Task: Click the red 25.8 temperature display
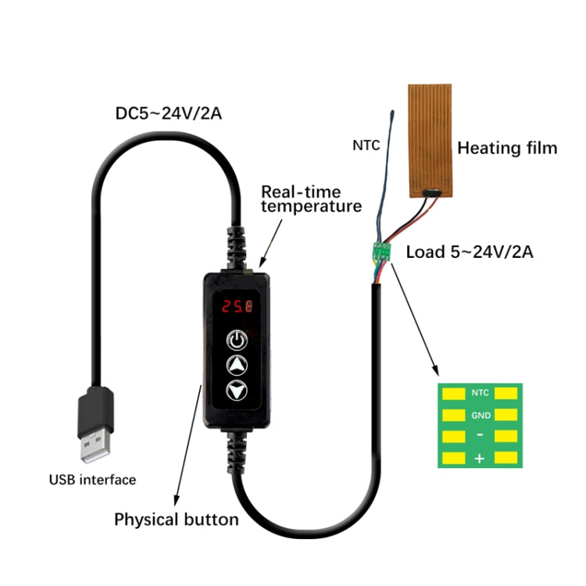[235, 306]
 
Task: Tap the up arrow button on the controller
[236, 364]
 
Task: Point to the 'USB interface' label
[92, 479]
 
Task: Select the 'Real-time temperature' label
[311, 198]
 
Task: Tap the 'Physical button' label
[177, 519]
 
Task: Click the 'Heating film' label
[507, 148]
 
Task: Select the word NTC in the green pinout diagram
[480, 393]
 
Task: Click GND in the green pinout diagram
[480, 415]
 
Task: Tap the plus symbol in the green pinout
[480, 459]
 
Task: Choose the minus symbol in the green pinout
[480, 436]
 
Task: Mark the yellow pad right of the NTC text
[507, 393]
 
